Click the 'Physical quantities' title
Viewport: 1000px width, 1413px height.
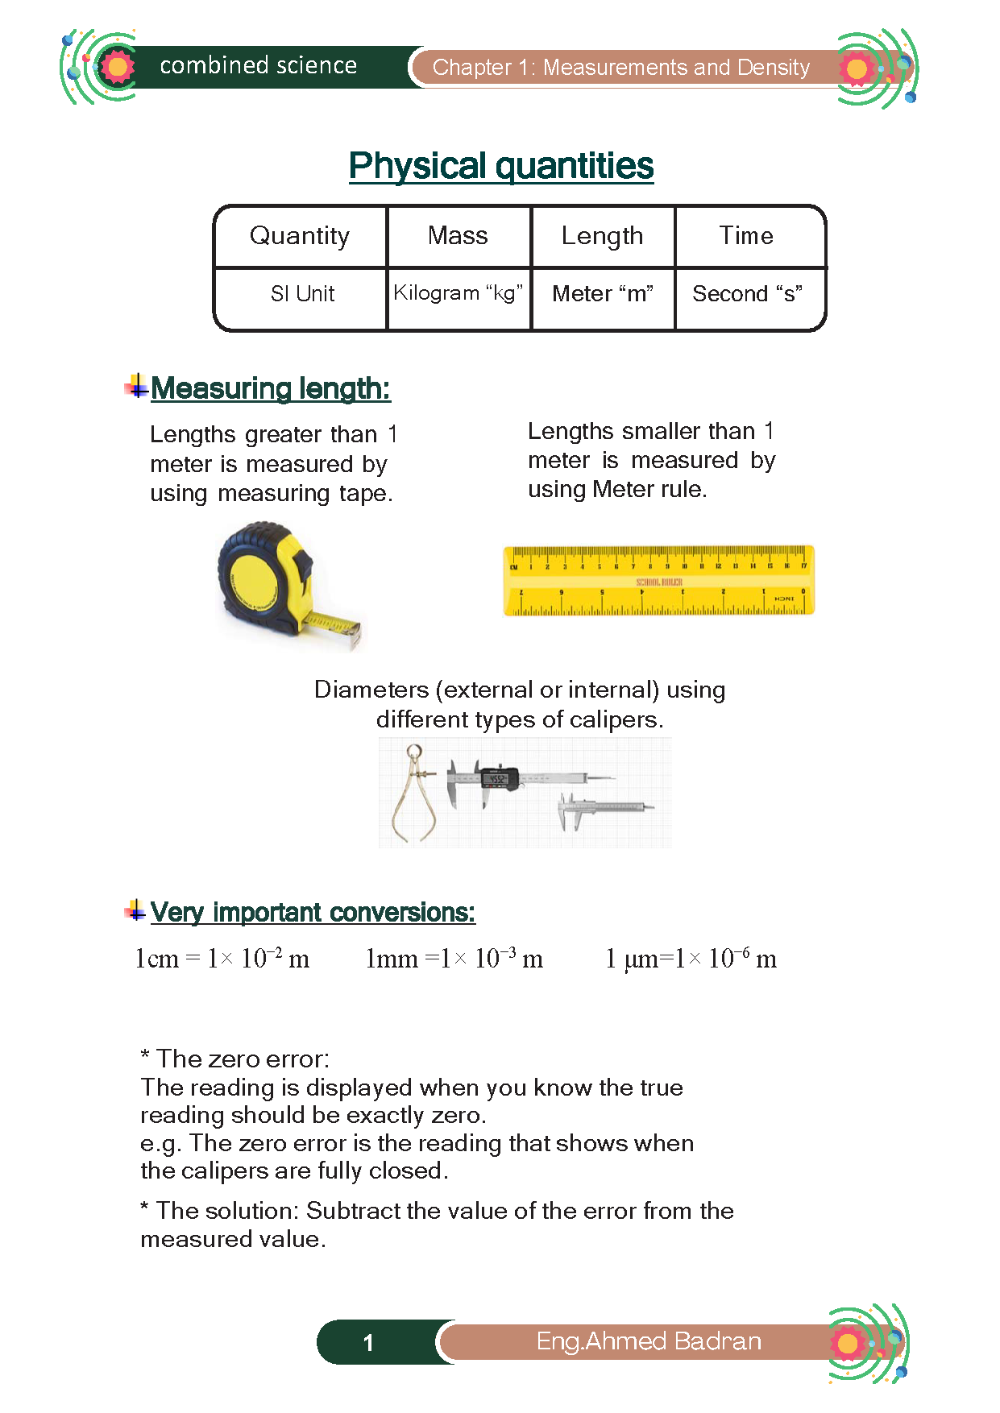(x=500, y=166)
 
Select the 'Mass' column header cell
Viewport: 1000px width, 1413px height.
(x=458, y=235)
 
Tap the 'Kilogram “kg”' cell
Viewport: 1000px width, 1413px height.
(x=458, y=292)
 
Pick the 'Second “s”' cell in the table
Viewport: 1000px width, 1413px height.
(x=747, y=294)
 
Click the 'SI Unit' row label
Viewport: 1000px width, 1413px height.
(x=302, y=294)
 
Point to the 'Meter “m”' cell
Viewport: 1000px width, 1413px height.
(x=602, y=294)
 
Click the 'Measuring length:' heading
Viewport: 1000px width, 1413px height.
(x=270, y=388)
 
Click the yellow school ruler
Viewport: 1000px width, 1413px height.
(x=658, y=581)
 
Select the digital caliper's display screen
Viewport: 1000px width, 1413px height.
(x=497, y=779)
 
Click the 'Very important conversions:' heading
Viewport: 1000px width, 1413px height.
(x=313, y=912)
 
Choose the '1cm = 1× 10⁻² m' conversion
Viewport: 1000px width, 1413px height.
(x=222, y=959)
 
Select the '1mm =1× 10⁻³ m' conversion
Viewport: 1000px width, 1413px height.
(x=454, y=959)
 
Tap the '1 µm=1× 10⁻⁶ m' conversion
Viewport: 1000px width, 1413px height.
(x=691, y=959)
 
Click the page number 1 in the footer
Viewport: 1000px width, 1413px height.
(x=368, y=1342)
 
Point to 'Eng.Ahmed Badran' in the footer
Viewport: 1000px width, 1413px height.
(x=649, y=1341)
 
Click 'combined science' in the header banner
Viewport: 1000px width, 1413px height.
(x=258, y=65)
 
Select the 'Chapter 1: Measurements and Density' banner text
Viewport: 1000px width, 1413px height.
(x=620, y=68)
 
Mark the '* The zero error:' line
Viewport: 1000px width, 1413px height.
(x=234, y=1059)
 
